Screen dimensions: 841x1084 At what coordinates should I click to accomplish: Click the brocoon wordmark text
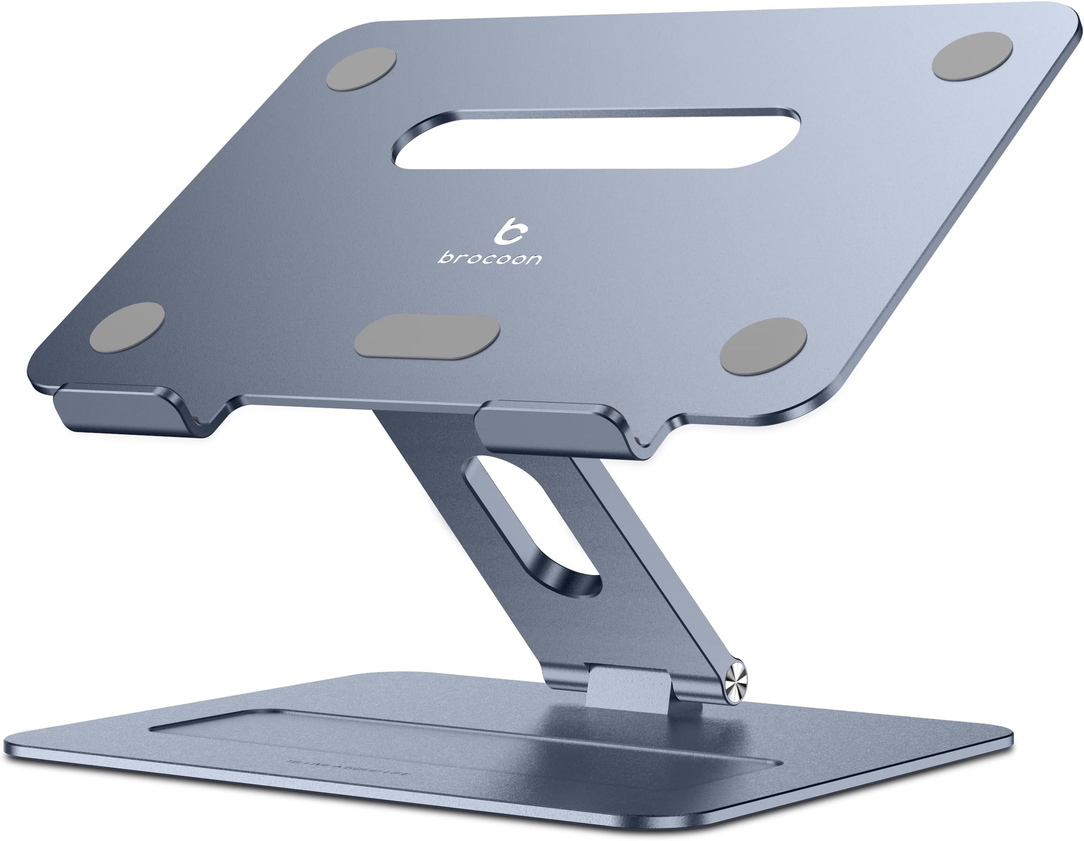click(489, 258)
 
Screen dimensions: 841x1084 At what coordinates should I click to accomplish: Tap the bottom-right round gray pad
click(763, 346)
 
